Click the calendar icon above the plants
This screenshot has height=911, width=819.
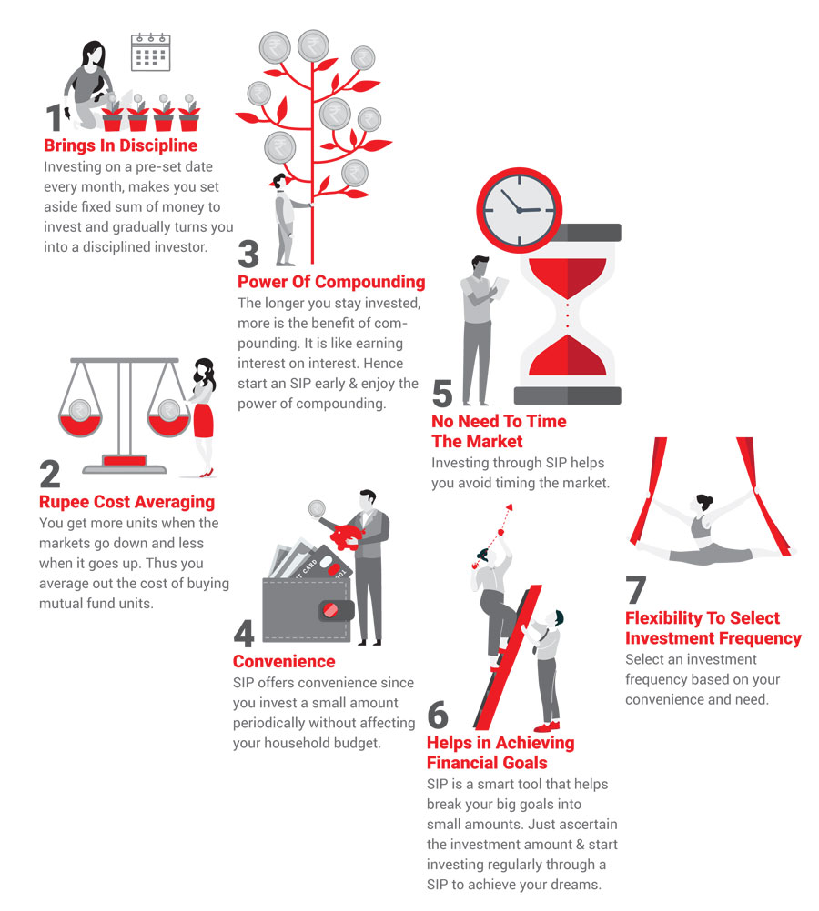pos(151,53)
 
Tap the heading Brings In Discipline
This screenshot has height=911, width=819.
pos(120,145)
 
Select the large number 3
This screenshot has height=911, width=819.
pos(248,255)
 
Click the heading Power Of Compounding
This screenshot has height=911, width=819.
pos(331,282)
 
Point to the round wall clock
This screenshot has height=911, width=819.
pos(519,210)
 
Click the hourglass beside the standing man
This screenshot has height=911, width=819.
pos(567,314)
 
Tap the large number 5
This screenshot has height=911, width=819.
pos(442,394)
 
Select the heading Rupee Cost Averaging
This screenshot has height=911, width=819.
pos(126,502)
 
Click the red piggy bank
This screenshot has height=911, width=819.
pos(347,536)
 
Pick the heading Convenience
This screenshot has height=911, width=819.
pos(284,661)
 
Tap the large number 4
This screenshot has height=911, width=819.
pos(244,634)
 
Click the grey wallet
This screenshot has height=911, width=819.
pos(307,610)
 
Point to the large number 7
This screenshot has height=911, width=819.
pos(636,590)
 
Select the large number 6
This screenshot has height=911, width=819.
pos(438,715)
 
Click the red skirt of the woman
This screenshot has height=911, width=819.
pos(203,419)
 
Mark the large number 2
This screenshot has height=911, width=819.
pos(50,474)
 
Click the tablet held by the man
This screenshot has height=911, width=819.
pos(500,287)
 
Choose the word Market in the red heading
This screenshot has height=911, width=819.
pos(493,442)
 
